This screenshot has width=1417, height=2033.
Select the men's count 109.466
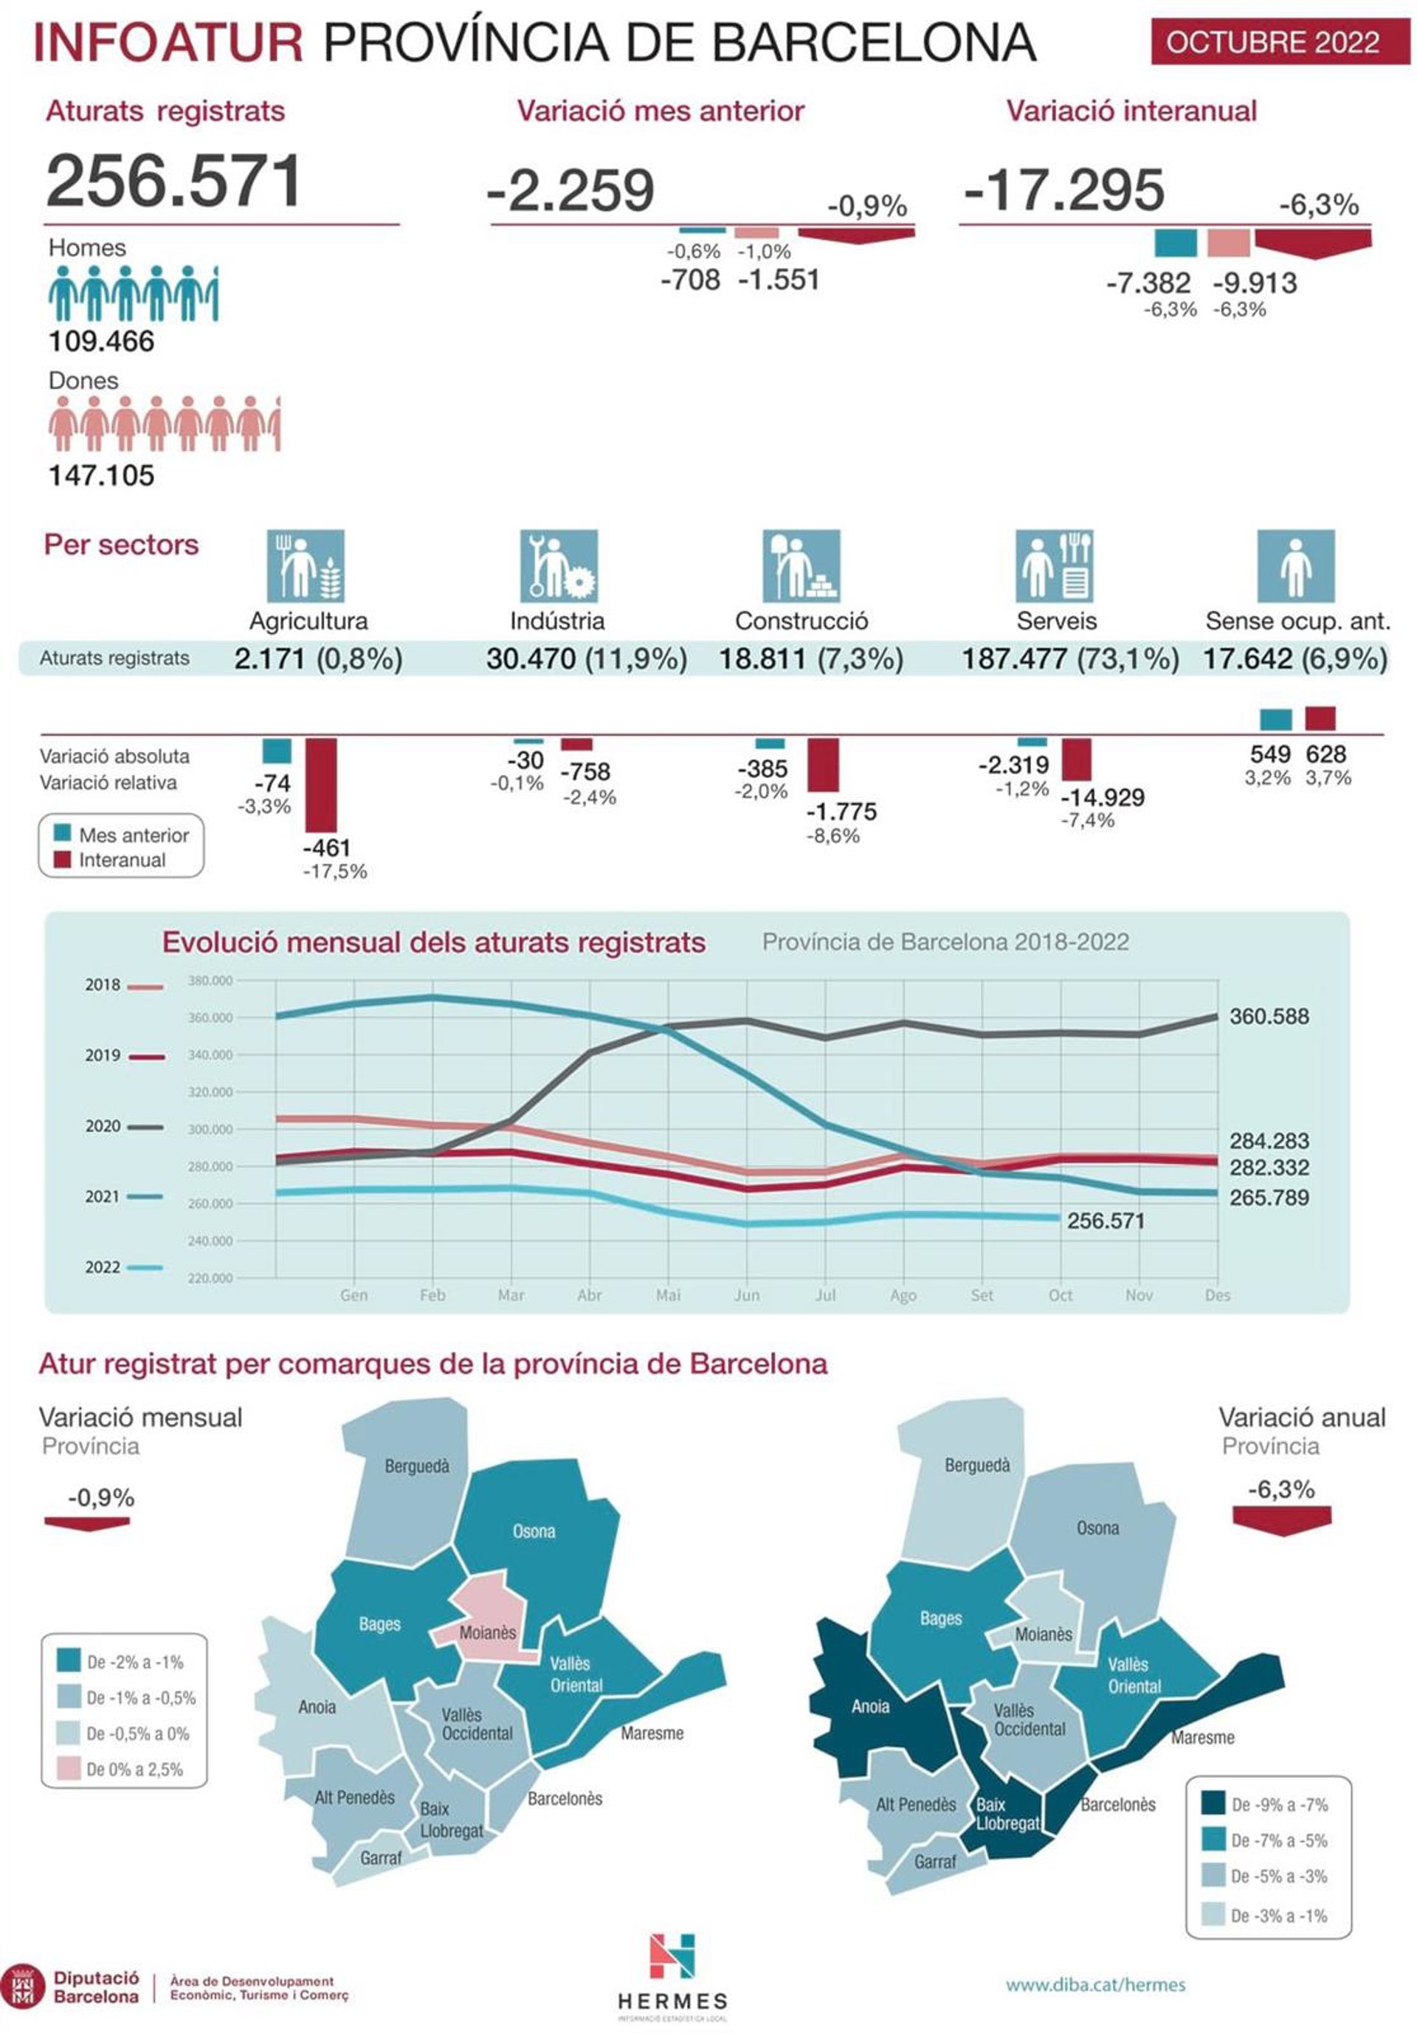tap(101, 342)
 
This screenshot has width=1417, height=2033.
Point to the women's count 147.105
tap(101, 475)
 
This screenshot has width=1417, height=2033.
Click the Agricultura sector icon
tap(306, 566)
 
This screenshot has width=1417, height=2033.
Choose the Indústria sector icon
tap(558, 566)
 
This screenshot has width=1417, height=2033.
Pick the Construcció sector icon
tap(801, 566)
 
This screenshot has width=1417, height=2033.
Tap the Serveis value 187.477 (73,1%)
tap(1070, 659)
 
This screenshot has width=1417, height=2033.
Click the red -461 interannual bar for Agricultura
tap(320, 784)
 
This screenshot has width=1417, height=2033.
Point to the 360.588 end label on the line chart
tap(1268, 1017)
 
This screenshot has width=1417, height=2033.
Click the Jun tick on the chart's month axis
tap(747, 1295)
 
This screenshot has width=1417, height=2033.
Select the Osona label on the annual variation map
tap(1097, 1528)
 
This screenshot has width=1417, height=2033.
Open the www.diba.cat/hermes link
tap(1094, 1985)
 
